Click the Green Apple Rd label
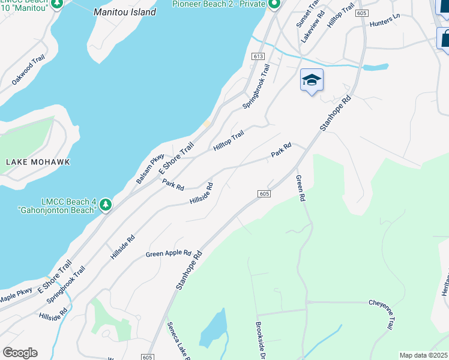point(168,254)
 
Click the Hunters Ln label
point(385,20)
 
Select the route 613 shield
point(259,56)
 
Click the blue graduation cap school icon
point(312,80)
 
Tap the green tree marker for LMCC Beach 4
point(106,205)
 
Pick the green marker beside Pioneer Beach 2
point(274,5)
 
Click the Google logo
point(20,353)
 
